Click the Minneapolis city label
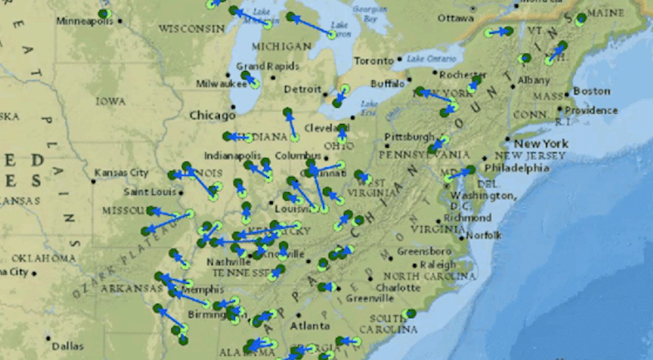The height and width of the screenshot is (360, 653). click(x=84, y=21)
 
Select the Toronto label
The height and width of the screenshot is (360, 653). click(x=373, y=61)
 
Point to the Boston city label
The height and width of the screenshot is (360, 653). click(x=592, y=91)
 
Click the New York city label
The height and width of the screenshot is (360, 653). click(x=541, y=144)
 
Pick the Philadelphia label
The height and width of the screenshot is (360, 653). click(x=517, y=168)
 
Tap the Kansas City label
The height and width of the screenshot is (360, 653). click(x=121, y=173)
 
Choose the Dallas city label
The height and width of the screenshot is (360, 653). click(x=68, y=346)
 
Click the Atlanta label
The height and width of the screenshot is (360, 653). click(x=310, y=326)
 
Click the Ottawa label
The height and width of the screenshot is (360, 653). click(x=455, y=18)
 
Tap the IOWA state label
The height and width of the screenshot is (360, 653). click(x=110, y=101)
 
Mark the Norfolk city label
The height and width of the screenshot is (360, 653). click(x=484, y=235)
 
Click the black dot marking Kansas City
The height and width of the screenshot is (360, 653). click(x=94, y=181)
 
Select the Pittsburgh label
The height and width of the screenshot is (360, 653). click(x=409, y=136)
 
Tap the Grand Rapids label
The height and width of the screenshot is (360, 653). click(x=267, y=66)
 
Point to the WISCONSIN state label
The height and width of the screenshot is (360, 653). click(x=192, y=28)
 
